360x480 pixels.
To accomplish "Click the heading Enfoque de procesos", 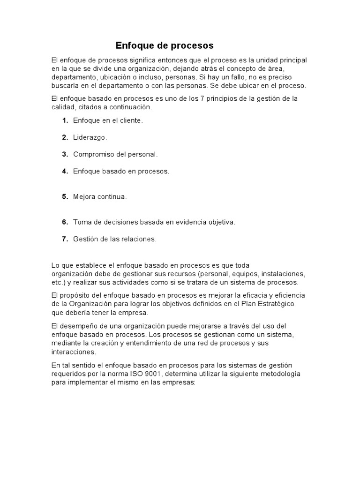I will pos(165,45).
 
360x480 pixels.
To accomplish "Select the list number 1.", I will pos(65,120).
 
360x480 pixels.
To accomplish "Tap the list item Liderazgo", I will pos(90,137).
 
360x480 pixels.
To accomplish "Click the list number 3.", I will pos(65,154).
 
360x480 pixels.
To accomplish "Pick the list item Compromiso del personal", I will pos(115,154).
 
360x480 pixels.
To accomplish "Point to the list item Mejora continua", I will pos(100,197).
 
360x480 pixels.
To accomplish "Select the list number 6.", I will pos(65,222).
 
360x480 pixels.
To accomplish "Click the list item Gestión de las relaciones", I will pos(114,239).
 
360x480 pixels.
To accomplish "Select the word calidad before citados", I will pos(62,107).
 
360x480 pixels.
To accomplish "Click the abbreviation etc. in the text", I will pos(58,283).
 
